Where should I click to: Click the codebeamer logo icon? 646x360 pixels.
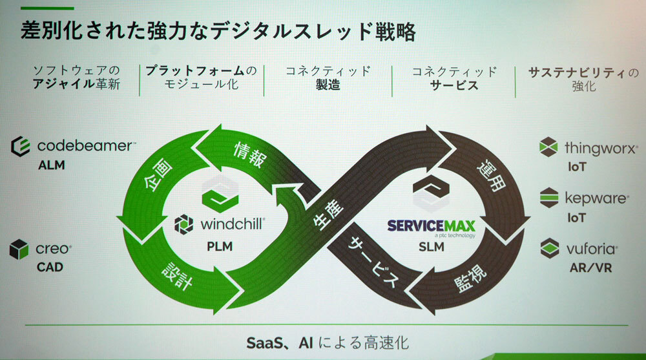coord(21,146)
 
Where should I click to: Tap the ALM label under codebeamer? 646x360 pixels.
coord(51,165)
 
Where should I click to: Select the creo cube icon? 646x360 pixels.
coord(19,249)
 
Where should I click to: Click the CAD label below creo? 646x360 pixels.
coord(50,266)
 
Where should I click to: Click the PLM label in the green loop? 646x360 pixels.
coord(220,246)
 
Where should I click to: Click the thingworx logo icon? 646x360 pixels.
coord(548,148)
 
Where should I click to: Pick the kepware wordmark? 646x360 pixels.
coord(595,198)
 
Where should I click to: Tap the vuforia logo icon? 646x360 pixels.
coord(549,248)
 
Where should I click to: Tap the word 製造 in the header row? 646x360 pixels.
coord(328,85)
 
